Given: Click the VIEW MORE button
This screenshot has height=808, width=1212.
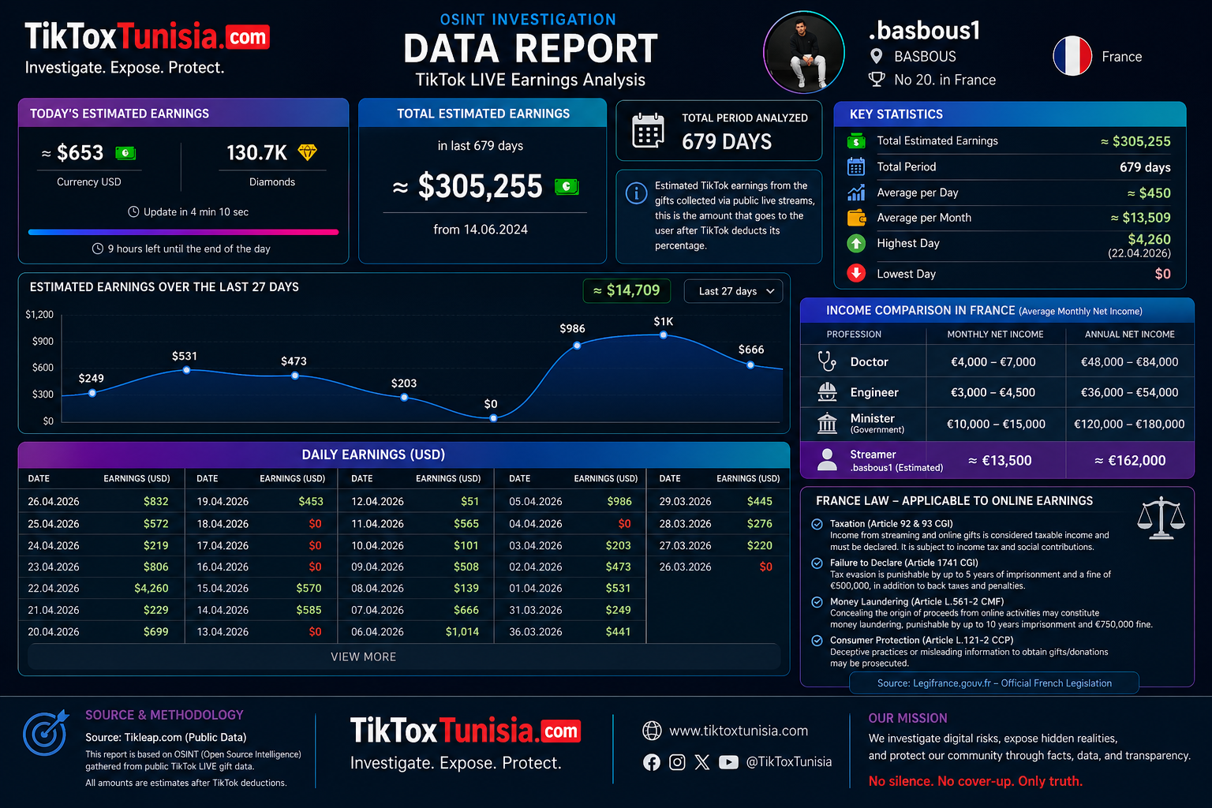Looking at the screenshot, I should click(364, 656).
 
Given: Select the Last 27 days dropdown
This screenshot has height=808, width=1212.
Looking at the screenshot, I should click(734, 291).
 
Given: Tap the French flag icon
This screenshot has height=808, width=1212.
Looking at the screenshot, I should click(1072, 56).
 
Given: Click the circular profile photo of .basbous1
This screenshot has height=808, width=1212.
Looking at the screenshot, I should click(804, 52).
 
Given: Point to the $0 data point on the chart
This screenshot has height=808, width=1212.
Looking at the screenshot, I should click(493, 417).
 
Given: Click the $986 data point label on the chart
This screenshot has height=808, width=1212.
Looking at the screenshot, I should click(572, 328).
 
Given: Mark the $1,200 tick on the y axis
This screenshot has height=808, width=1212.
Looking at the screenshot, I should click(39, 315).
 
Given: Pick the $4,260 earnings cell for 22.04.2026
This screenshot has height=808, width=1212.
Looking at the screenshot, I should click(151, 588).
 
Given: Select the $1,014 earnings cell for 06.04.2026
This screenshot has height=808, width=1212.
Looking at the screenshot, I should click(462, 631).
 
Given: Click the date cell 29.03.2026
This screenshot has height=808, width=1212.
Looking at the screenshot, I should click(685, 501).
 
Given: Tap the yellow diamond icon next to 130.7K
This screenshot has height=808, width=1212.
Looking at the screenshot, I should click(307, 151).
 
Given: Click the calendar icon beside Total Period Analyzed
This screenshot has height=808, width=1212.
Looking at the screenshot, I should click(648, 131).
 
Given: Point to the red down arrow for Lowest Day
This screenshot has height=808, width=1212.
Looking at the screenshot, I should click(856, 273).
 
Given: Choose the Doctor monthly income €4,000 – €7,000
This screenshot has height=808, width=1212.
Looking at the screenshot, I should click(993, 361).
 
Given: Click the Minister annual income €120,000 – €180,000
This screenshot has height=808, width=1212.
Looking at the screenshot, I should click(1129, 424).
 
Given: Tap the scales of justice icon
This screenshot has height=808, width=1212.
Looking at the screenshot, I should click(1161, 518).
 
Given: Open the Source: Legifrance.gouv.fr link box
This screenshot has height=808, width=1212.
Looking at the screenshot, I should click(994, 683).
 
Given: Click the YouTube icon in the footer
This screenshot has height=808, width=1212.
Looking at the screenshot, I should click(728, 762).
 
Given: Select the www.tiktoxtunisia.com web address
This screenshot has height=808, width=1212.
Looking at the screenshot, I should click(738, 731).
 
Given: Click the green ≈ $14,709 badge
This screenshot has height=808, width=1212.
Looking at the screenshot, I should click(627, 290).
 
